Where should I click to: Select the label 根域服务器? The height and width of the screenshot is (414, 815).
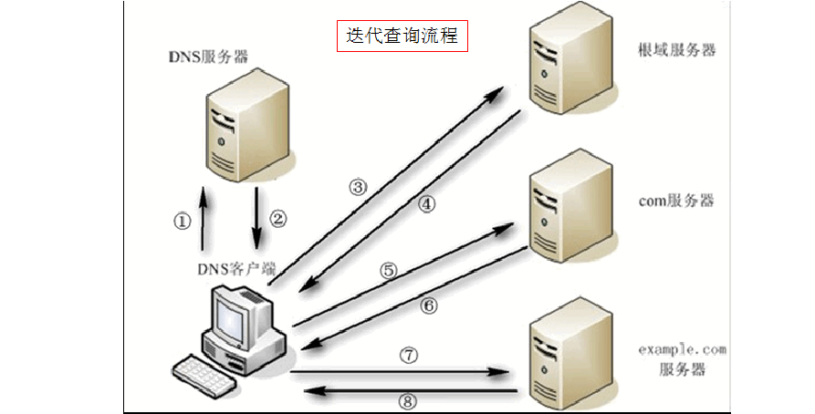677,50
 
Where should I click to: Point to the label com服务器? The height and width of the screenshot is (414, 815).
676,200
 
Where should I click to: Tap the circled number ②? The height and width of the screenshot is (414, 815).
278,219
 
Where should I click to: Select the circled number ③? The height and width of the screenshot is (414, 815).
359,187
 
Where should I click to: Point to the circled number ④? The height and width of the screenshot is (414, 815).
428,204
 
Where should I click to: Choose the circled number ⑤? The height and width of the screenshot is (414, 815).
389,270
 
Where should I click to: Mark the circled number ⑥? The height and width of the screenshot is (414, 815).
428,305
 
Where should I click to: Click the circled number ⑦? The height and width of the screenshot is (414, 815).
408,355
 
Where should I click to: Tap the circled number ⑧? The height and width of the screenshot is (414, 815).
408,400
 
